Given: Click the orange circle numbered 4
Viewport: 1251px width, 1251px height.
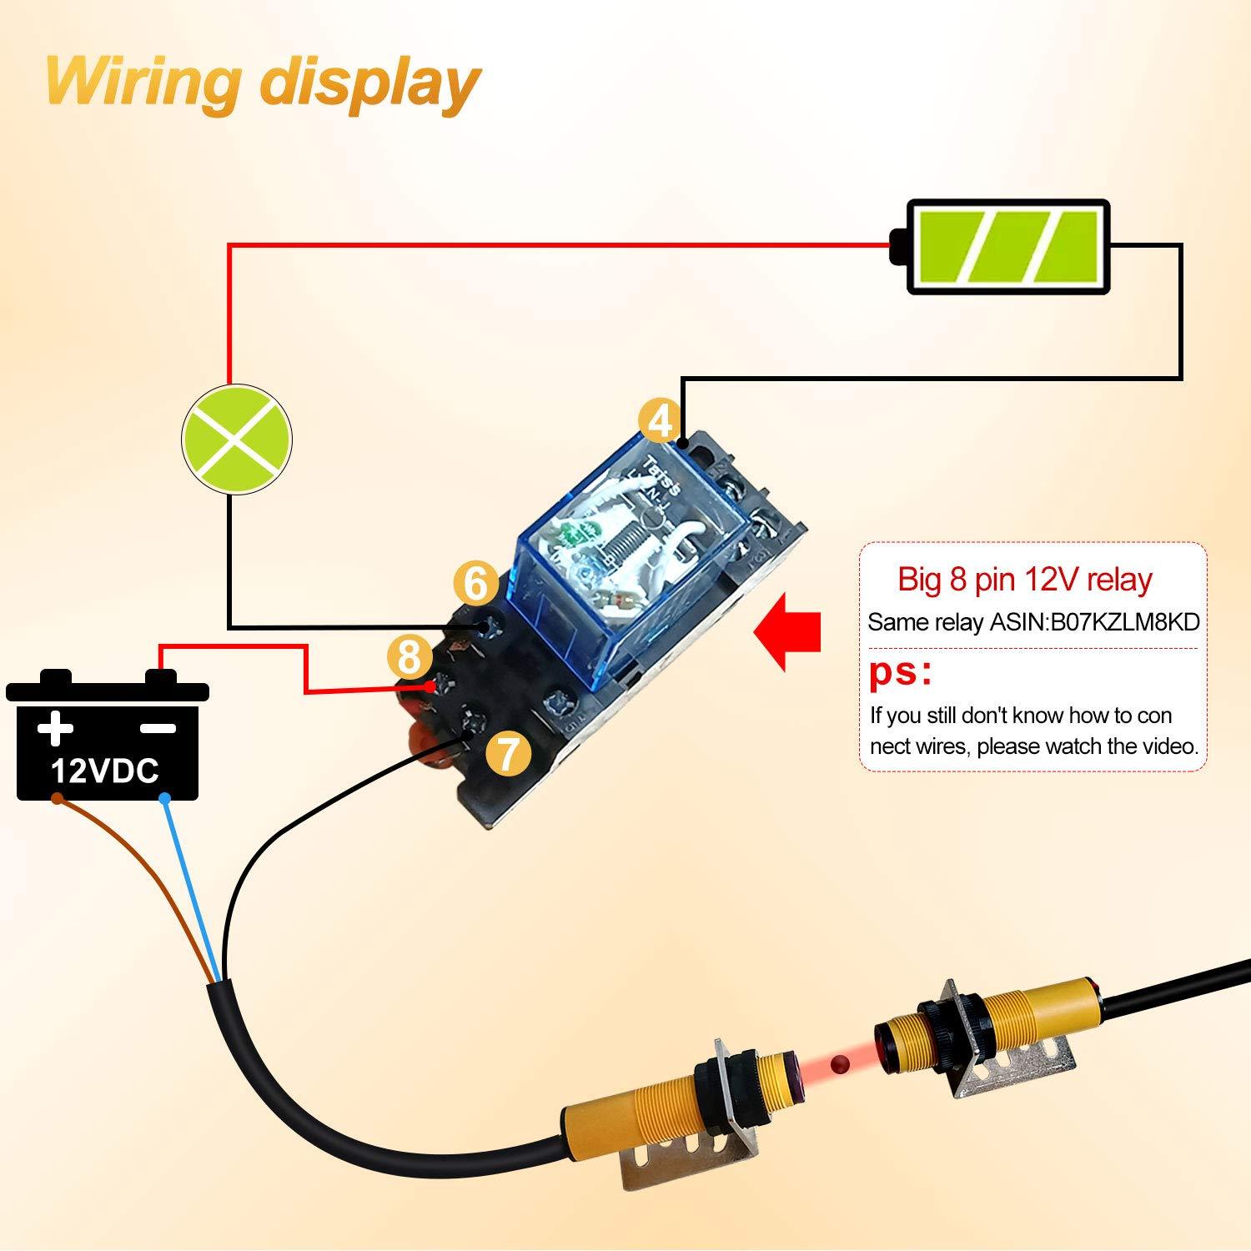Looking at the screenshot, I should coord(660,422).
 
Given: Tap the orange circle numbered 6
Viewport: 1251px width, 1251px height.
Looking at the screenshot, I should coord(475,583).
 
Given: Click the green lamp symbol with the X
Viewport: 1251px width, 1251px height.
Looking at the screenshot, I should coord(237,440).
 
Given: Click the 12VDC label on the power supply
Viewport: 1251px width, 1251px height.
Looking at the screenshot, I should coord(105,771).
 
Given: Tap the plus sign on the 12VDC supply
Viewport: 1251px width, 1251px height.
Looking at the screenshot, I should coord(55,727).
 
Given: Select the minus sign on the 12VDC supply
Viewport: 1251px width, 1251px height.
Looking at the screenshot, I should coord(158,728).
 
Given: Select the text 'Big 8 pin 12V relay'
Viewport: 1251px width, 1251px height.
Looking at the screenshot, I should coord(1025,579).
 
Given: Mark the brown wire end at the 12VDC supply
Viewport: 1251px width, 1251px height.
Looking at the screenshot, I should coord(57,798).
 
